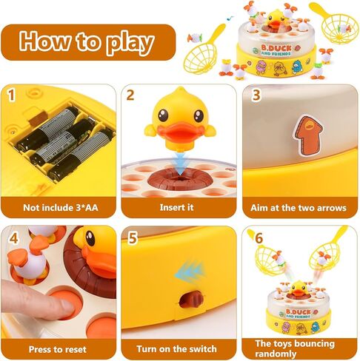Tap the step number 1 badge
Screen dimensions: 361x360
pos(11,95)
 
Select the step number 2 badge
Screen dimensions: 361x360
pos(130,95)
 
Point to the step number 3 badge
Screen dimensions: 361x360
pos(256,95)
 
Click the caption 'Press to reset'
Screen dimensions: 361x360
pos(56,348)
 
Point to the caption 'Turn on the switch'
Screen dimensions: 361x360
pos(177,348)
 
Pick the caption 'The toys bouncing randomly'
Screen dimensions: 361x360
pos(295,348)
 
